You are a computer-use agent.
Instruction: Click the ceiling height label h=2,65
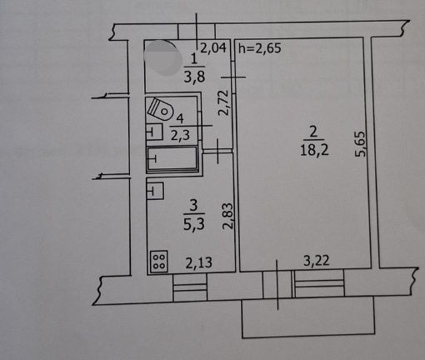(x=260, y=48)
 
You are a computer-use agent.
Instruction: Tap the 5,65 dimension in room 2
(x=361, y=144)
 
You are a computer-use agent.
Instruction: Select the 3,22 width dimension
(x=317, y=261)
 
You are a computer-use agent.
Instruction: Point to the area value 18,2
(x=314, y=150)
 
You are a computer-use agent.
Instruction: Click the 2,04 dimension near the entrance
(x=213, y=47)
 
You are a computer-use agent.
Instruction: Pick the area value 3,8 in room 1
(x=194, y=77)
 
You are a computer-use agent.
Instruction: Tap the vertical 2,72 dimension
(x=223, y=102)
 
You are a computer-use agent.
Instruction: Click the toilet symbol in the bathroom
(x=160, y=109)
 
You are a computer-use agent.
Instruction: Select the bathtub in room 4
(x=172, y=158)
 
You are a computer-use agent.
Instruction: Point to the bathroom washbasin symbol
(x=154, y=132)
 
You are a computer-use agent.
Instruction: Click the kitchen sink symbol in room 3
(x=155, y=191)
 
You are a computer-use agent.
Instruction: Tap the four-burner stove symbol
(x=159, y=262)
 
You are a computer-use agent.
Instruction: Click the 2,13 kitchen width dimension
(x=198, y=262)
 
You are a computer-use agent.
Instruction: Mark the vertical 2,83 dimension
(x=227, y=216)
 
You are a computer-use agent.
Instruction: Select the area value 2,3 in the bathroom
(x=180, y=136)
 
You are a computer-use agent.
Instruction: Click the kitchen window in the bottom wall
(x=190, y=287)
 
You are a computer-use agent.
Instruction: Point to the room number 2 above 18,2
(x=313, y=132)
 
